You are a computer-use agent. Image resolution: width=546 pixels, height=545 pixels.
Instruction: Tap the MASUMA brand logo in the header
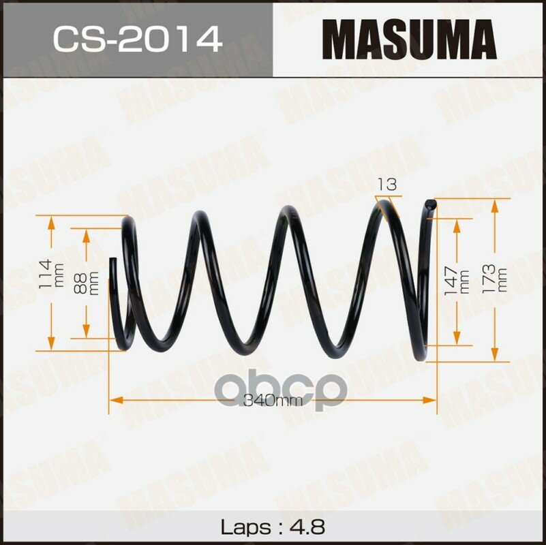tap(409, 40)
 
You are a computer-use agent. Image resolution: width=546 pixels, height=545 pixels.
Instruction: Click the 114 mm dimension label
tap(50, 274)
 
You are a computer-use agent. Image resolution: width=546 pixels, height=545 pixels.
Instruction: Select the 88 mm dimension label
tap(86, 283)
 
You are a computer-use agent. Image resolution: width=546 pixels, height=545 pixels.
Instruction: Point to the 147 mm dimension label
tap(457, 281)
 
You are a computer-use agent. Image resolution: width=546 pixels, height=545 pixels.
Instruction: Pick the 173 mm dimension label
tap(494, 279)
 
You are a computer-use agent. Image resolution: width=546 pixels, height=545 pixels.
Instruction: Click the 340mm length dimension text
tap(273, 401)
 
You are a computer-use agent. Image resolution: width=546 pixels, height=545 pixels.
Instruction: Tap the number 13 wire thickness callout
tap(387, 184)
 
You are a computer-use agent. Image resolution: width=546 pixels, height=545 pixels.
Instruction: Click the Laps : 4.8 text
tap(273, 527)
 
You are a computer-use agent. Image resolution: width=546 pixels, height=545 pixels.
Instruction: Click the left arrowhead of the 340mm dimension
tap(116, 400)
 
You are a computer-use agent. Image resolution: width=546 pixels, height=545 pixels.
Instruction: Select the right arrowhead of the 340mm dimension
tap(429, 400)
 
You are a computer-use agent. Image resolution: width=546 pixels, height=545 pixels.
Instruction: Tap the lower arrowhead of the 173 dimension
tap(494, 355)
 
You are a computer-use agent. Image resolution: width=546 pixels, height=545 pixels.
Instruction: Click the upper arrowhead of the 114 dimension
tap(51, 223)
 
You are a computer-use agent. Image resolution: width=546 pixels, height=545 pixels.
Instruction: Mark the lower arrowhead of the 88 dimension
tap(86, 331)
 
